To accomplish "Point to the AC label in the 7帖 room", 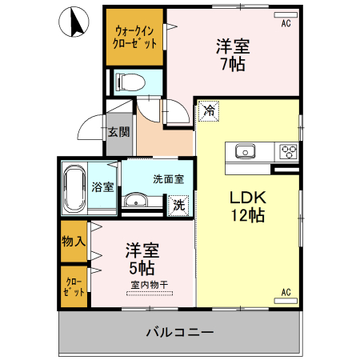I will pyautogui.click(x=286, y=23).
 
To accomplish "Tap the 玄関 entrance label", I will pyautogui.click(x=119, y=132).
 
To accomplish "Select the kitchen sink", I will pyautogui.click(x=244, y=151).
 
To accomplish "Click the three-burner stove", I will pyautogui.click(x=288, y=150).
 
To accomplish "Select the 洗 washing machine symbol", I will pyautogui.click(x=179, y=204).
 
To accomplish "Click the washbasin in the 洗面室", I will pyautogui.click(x=137, y=201).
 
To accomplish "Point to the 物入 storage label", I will pyautogui.click(x=74, y=241).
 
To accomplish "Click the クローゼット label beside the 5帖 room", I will pyautogui.click(x=74, y=286).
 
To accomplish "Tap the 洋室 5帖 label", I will pyautogui.click(x=139, y=258).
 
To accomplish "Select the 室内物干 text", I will pyautogui.click(x=150, y=284).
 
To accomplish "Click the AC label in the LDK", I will pyautogui.click(x=286, y=293).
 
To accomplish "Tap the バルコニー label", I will pyautogui.click(x=179, y=331).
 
